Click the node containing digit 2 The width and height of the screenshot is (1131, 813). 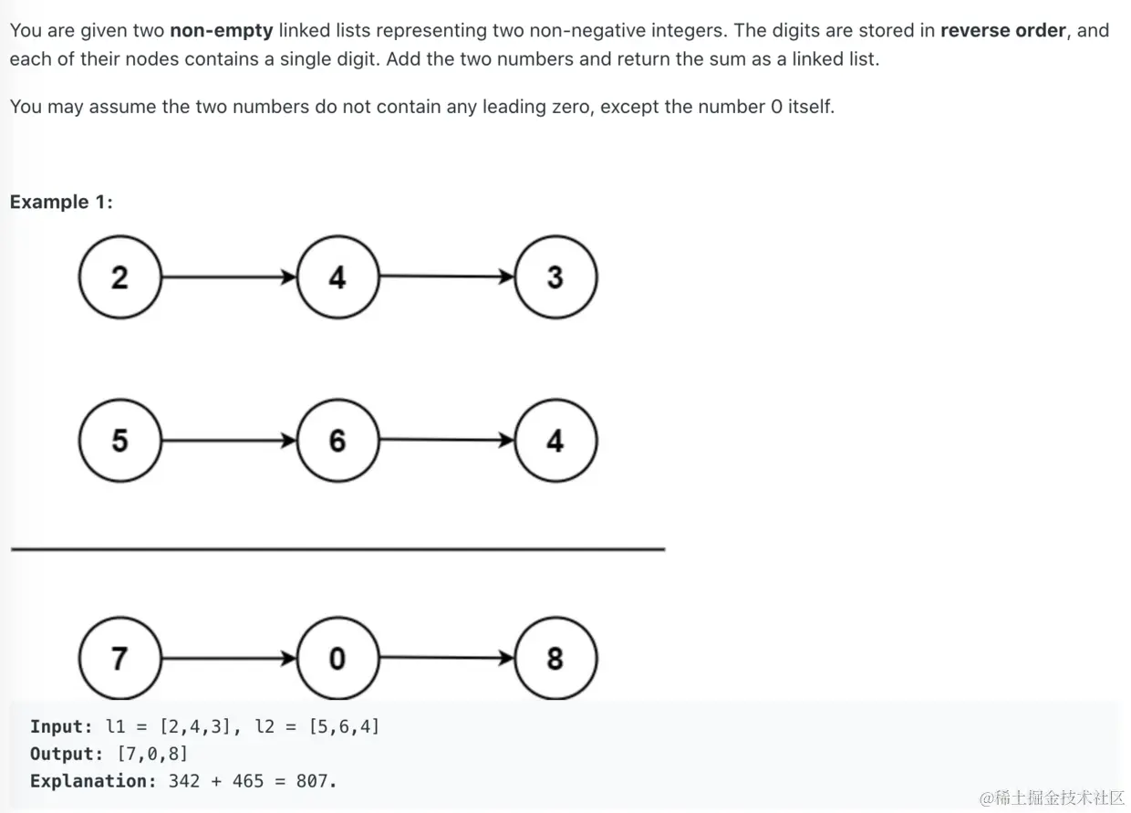pyautogui.click(x=119, y=277)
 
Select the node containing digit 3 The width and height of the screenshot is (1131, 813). pyautogui.click(x=555, y=277)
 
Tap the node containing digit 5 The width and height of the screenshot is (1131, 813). pyautogui.click(x=119, y=441)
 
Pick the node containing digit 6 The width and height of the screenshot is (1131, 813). pyautogui.click(x=337, y=441)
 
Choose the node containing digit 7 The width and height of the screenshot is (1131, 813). pyautogui.click(x=119, y=658)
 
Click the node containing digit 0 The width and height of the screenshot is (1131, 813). pyautogui.click(x=337, y=658)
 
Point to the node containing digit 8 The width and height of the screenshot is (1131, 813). pyautogui.click(x=555, y=658)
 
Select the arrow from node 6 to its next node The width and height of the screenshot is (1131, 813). pyautogui.click(x=446, y=441)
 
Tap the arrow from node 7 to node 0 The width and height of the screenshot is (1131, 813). pyautogui.click(x=228, y=658)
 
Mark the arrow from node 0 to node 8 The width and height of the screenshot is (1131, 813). pyautogui.click(x=446, y=658)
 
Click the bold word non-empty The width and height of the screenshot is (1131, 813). pyautogui.click(x=222, y=30)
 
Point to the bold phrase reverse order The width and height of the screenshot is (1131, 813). pyautogui.click(x=1002, y=30)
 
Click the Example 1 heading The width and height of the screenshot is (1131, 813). pyautogui.click(x=61, y=202)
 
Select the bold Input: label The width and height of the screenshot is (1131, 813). pyautogui.click(x=61, y=727)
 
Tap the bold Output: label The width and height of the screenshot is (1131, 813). pyautogui.click(x=67, y=754)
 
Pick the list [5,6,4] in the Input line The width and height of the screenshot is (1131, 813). pyautogui.click(x=344, y=727)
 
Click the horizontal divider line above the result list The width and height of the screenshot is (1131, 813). pyautogui.click(x=337, y=549)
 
